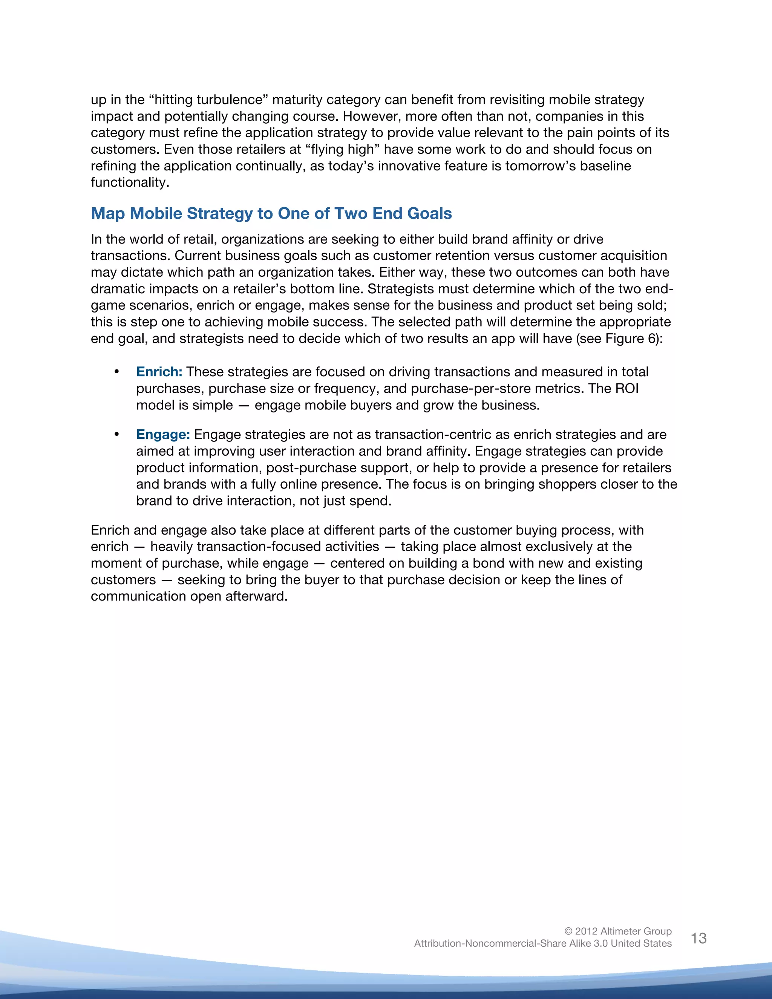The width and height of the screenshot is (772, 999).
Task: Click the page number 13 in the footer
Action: pos(698,938)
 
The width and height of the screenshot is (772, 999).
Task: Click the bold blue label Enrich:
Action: pos(159,372)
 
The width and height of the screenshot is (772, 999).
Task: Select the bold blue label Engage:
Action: pos(163,435)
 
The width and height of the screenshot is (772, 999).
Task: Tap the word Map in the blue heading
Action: pos(107,214)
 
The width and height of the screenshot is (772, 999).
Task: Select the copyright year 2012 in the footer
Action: pos(586,931)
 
